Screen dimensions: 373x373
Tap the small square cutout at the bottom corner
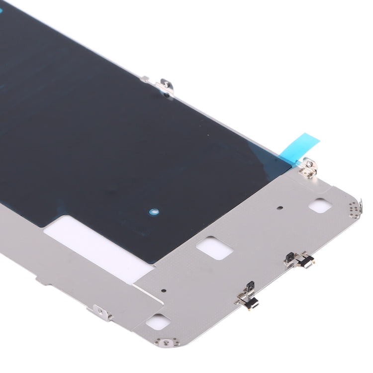pos(157,321)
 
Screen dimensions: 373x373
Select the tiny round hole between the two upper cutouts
pos(280,208)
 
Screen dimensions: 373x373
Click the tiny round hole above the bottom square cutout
pos(164,290)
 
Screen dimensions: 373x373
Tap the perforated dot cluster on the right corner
pos(354,209)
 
